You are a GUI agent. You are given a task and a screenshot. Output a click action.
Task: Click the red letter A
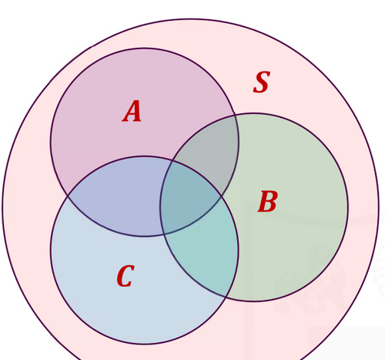coord(132,111)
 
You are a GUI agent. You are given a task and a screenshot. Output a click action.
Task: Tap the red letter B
coord(267,201)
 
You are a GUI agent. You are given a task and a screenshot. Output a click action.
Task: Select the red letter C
coord(126,276)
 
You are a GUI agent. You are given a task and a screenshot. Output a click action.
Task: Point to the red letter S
coord(262,82)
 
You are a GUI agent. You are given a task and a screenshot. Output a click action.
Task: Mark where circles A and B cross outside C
coord(235,115)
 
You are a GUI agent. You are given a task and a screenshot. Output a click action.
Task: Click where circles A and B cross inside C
coord(163,234)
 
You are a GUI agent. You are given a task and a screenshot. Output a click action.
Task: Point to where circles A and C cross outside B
coord(68,197)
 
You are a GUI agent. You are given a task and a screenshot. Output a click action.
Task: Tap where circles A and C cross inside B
coord(222,197)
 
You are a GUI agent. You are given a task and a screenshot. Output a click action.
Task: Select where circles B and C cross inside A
coord(172,160)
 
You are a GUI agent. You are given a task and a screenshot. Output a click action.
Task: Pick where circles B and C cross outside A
coord(226,297)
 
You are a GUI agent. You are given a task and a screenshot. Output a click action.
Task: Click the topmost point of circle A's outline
coord(145,49)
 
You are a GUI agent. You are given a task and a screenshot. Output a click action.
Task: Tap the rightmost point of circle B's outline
coord(348,207)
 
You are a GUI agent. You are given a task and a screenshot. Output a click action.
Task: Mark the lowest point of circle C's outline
coord(145,344)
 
